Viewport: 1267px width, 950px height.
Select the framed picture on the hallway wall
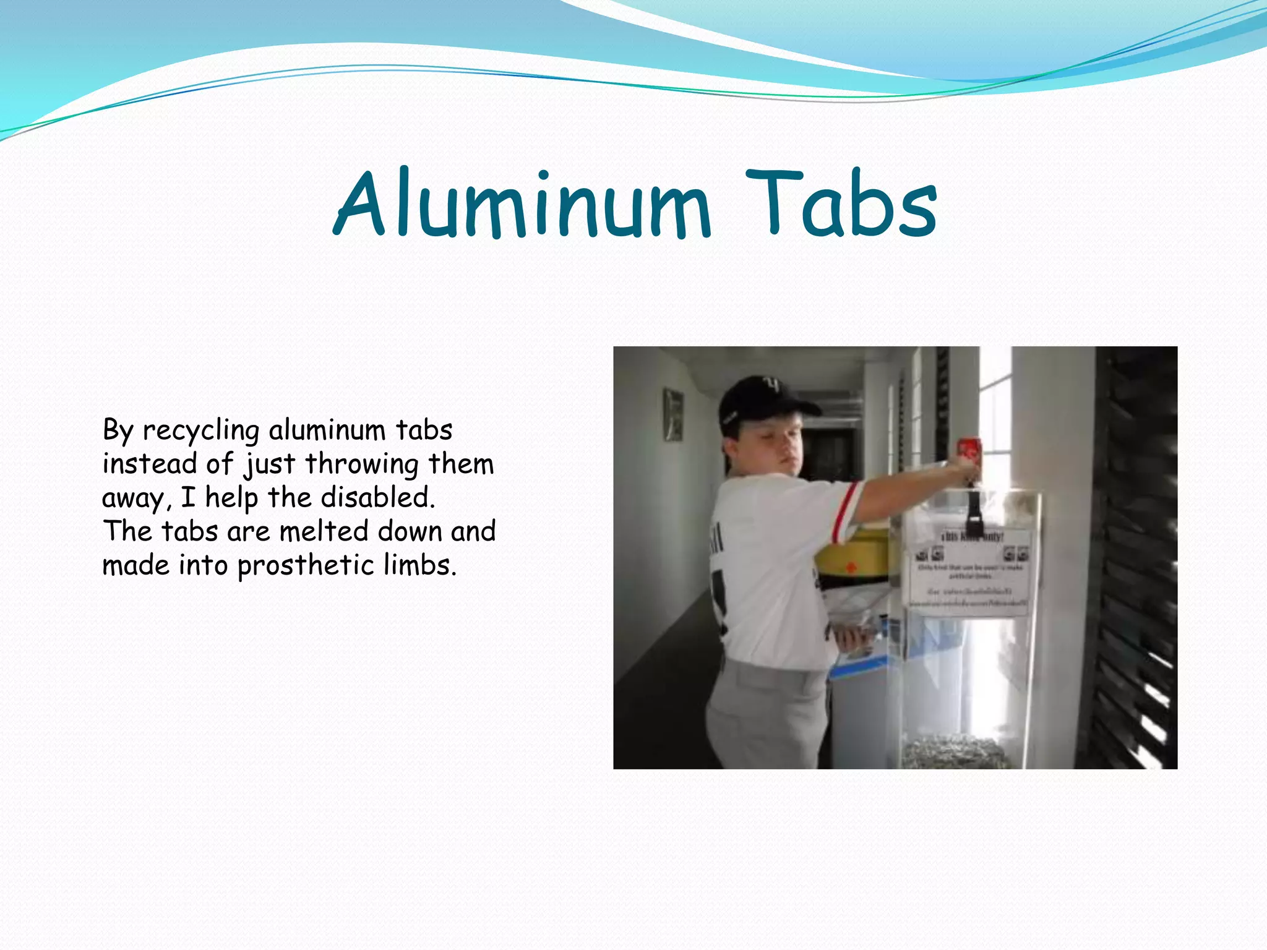(673, 414)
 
